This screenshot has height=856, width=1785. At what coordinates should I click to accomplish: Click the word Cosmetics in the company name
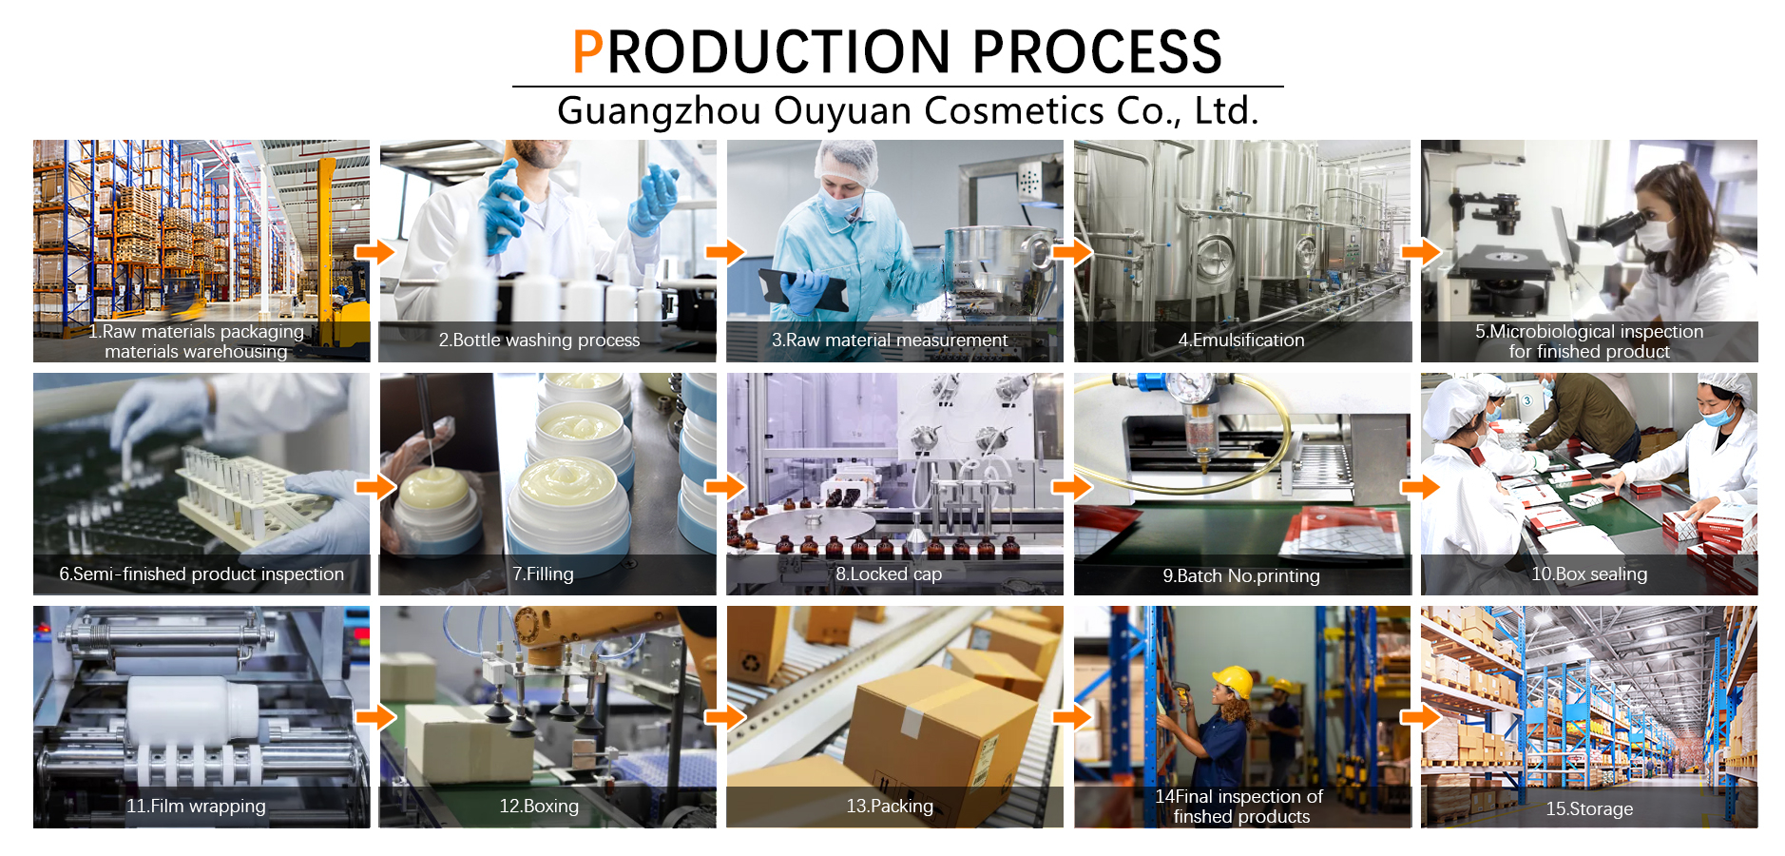(1014, 110)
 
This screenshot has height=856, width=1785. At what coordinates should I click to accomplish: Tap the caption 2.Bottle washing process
(539, 340)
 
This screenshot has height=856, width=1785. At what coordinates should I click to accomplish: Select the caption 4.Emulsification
(1241, 340)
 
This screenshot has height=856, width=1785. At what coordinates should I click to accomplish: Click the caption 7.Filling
(543, 574)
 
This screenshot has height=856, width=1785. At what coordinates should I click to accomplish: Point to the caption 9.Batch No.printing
(1241, 575)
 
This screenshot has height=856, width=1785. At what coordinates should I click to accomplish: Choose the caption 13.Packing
(890, 806)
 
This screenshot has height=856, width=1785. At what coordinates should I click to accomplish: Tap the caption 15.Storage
(1589, 808)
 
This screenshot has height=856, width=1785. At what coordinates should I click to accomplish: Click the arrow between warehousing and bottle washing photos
(374, 252)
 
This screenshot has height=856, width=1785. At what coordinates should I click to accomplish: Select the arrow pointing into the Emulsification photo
(1072, 252)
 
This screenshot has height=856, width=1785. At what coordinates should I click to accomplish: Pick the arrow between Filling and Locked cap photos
(724, 487)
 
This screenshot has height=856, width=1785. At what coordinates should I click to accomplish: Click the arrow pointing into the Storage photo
(1420, 716)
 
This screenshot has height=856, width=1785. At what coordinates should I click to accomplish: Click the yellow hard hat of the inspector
(1233, 681)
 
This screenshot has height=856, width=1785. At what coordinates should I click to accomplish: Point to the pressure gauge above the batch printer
(1189, 387)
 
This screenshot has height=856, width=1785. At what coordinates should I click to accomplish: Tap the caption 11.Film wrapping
(196, 806)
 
